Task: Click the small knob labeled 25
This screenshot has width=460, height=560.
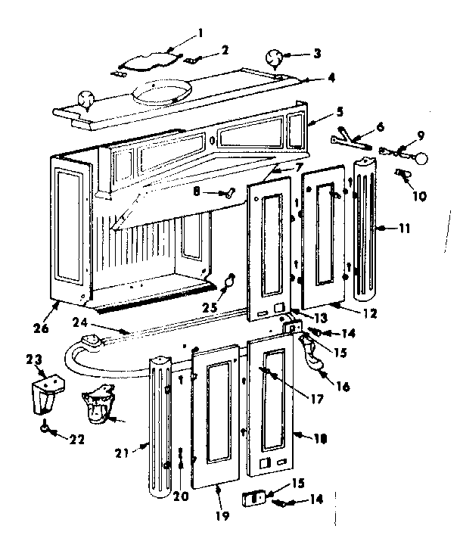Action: tap(227, 282)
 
